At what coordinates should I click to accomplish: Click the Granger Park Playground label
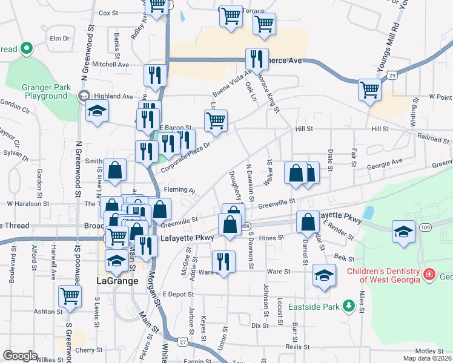[x=45, y=91]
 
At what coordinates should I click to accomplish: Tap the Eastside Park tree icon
[x=348, y=307]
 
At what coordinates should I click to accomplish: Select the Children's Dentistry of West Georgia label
[x=383, y=275]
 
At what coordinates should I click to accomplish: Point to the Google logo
[x=20, y=356]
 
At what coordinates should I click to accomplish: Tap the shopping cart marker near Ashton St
[x=70, y=296]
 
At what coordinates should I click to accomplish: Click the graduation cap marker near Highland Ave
[x=96, y=112]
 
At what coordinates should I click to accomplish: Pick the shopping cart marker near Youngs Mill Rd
[x=369, y=90]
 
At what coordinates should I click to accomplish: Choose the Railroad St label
[x=432, y=139]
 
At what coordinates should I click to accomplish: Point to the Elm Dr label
[x=60, y=38]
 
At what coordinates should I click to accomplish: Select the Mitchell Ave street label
[x=111, y=64]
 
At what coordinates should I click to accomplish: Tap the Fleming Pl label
[x=179, y=190]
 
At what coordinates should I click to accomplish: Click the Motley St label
[x=429, y=351]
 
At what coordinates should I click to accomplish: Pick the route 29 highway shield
[x=392, y=75]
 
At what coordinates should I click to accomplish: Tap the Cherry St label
[x=89, y=350]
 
